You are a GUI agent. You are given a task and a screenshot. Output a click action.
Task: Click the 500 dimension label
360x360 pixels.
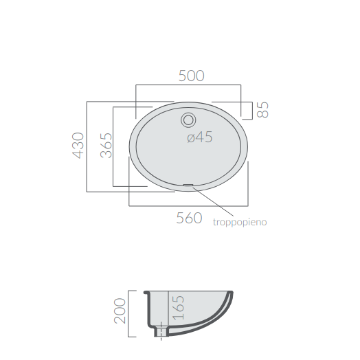(191, 76)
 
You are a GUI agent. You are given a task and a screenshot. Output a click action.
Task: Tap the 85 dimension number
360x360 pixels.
(262, 110)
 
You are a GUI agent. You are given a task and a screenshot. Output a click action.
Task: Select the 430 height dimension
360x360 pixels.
(78, 146)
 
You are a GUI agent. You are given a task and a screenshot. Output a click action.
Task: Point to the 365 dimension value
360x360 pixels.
(106, 146)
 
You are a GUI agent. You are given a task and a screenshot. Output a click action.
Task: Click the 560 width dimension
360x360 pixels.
(189, 218)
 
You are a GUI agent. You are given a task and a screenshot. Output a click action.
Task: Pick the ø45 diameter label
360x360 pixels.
(200, 137)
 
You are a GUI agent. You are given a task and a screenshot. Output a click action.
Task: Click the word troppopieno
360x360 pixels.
(240, 222)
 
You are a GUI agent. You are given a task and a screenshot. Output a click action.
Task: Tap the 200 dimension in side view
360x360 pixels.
(120, 311)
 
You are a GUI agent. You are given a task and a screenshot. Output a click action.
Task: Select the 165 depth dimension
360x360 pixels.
(178, 308)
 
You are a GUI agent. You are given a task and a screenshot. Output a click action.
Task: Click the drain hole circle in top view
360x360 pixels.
(188, 120)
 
